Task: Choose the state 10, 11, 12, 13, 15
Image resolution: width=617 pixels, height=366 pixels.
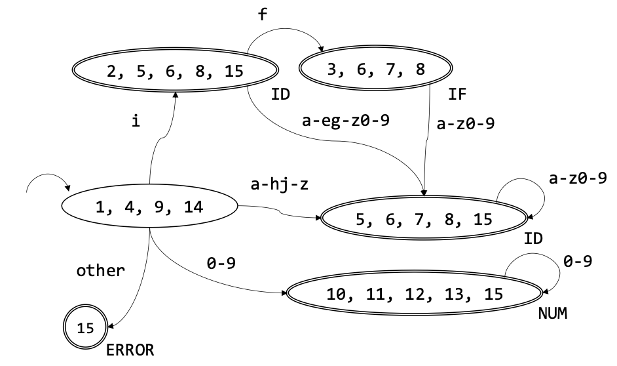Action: coord(415,293)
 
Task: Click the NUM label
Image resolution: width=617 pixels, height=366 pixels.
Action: coord(552,314)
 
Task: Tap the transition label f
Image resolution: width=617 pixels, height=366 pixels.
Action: coord(263,15)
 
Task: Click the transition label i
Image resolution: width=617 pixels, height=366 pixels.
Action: coord(135,121)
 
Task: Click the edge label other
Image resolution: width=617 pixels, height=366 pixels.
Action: coord(100,270)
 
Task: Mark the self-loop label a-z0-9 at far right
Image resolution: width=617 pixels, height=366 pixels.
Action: coord(578,178)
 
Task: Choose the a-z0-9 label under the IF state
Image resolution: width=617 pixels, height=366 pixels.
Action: coord(464,123)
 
